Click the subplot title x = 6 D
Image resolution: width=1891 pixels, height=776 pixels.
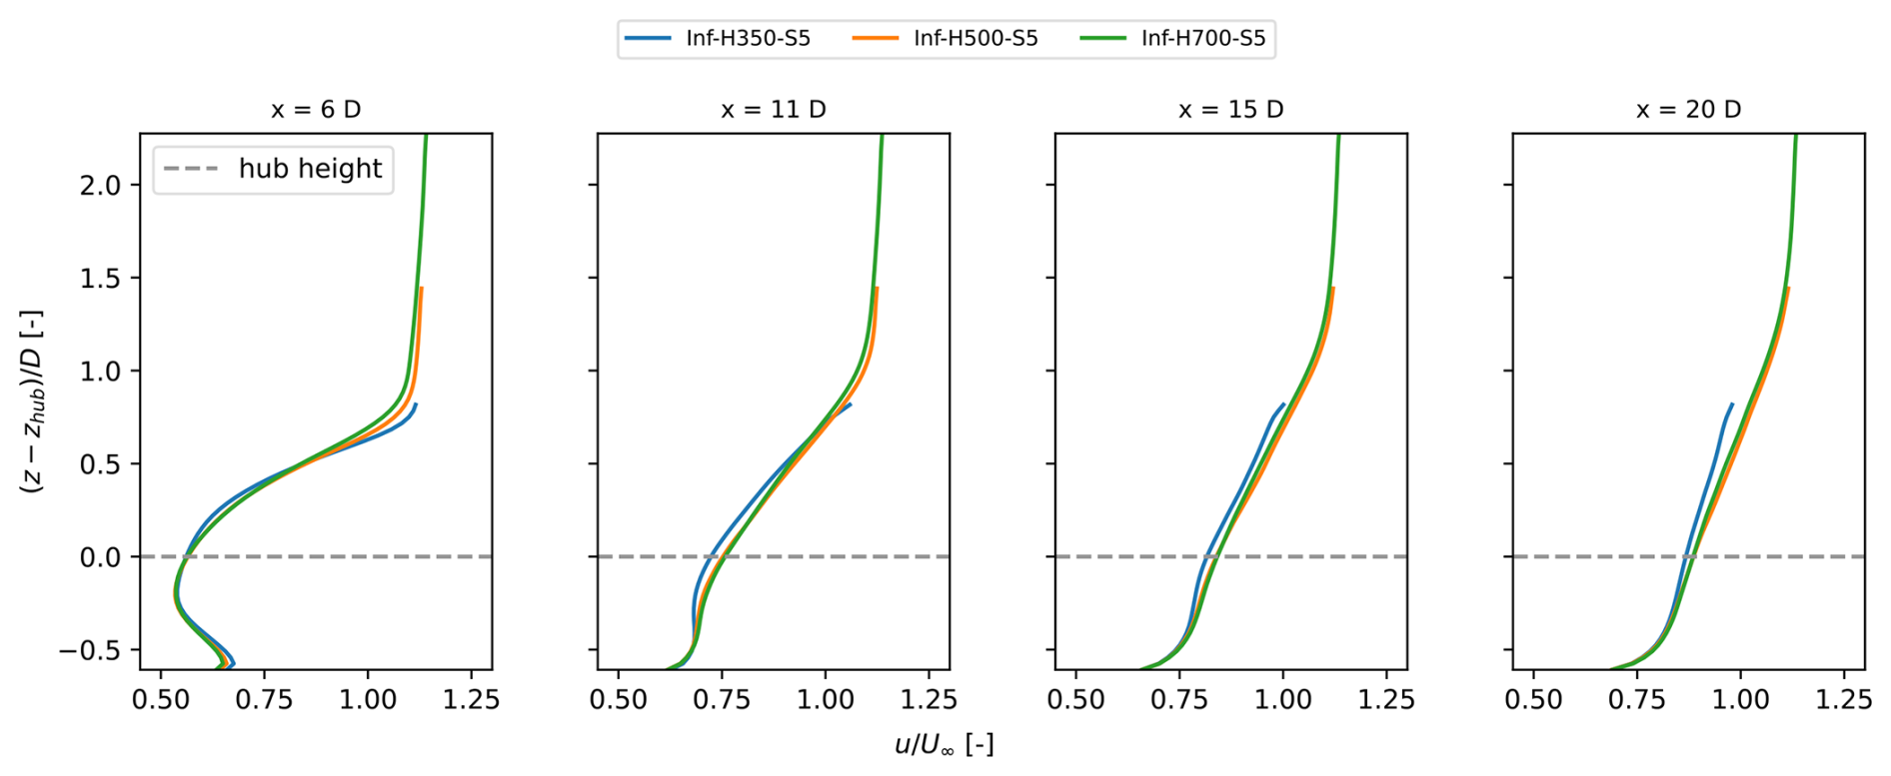pyautogui.click(x=316, y=110)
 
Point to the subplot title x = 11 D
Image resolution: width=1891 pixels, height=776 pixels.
pyautogui.click(x=774, y=110)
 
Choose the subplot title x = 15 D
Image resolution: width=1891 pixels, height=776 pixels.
pyautogui.click(x=1230, y=110)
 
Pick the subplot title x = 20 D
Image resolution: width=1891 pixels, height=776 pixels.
pyautogui.click(x=1688, y=110)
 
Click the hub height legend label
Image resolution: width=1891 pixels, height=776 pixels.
pyautogui.click(x=310, y=169)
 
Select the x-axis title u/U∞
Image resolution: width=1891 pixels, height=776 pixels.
pyautogui.click(x=944, y=745)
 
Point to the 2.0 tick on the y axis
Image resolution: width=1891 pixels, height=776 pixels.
pyautogui.click(x=100, y=186)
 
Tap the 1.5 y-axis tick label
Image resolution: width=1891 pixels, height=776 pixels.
pyautogui.click(x=100, y=279)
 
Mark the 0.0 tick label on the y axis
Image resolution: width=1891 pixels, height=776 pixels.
pyautogui.click(x=100, y=557)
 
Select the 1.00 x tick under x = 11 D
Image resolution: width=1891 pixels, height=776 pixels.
pyautogui.click(x=826, y=699)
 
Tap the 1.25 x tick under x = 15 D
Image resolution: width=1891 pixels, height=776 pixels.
pyautogui.click(x=1385, y=699)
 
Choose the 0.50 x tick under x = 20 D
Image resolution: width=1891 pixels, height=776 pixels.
pyautogui.click(x=1533, y=699)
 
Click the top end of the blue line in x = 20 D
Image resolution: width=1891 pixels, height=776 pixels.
pyautogui.click(x=1731, y=404)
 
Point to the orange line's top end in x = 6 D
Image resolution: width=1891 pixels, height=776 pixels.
pyautogui.click(x=422, y=289)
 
